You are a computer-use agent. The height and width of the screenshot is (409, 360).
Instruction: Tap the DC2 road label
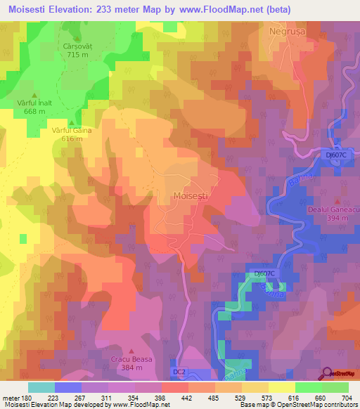click(180, 370)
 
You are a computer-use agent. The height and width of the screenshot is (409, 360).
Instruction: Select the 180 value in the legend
click(28, 397)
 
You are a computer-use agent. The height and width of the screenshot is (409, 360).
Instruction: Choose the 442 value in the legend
click(188, 397)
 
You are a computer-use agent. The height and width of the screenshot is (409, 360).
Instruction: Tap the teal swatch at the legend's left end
click(41, 387)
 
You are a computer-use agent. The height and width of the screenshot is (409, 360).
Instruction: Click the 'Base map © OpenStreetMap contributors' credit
click(298, 405)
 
